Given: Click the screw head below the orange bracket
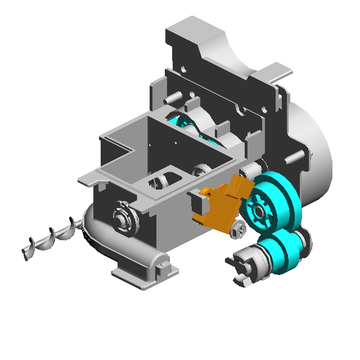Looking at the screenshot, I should tap(238, 228).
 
